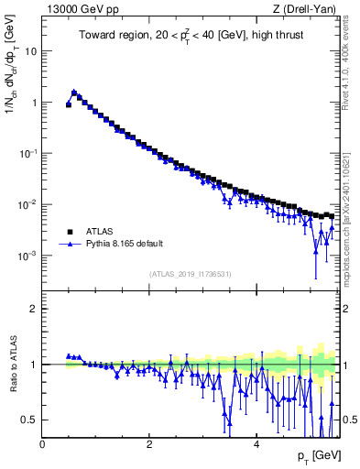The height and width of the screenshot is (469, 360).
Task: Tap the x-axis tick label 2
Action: [149, 444]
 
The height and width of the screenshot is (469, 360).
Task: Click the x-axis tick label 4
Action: [256, 444]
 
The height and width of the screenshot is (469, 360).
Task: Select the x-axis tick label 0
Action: [42, 444]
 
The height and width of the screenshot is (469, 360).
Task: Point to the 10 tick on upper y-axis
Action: [30, 51]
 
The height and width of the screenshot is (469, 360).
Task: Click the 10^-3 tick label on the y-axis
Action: [28, 256]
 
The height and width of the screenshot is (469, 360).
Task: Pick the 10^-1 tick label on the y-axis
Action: [28, 153]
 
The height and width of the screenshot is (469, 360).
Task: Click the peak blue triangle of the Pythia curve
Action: [74, 92]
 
